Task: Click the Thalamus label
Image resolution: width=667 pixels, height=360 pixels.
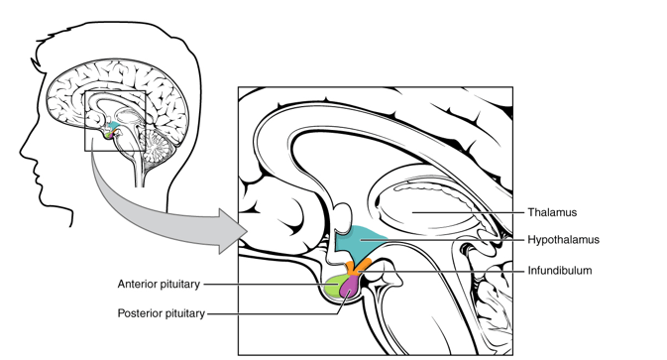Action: (x=552, y=212)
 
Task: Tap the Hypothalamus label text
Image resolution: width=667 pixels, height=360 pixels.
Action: (x=564, y=240)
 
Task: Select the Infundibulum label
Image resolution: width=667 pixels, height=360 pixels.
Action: (x=560, y=271)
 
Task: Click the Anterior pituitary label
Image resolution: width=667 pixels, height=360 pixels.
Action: (x=159, y=285)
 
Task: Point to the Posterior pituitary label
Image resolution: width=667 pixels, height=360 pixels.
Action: (x=162, y=313)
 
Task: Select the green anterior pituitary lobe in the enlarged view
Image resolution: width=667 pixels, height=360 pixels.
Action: (x=335, y=286)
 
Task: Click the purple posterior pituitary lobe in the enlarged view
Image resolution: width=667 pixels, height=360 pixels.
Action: (x=350, y=287)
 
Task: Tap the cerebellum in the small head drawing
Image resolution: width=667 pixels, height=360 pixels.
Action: (x=159, y=147)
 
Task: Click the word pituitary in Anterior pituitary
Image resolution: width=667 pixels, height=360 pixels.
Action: (x=180, y=285)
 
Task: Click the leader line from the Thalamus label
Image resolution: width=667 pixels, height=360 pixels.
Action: (x=468, y=212)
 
